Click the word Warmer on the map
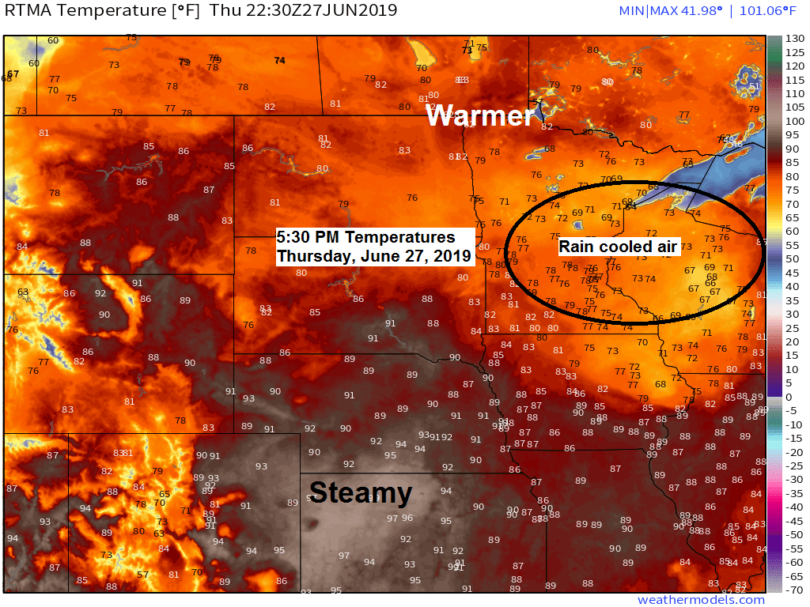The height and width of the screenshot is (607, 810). coord(479,115)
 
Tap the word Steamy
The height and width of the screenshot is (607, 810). coord(361,493)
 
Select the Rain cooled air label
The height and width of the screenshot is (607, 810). coord(617,247)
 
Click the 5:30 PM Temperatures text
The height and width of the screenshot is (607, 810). coord(365,237)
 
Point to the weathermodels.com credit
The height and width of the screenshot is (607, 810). coord(701,600)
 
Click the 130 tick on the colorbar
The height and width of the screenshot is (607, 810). coord(793,38)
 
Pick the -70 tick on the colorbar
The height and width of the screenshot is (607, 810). coord(793,590)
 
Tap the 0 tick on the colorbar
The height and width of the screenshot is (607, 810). coord(789,396)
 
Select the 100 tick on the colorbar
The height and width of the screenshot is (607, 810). coord(793,121)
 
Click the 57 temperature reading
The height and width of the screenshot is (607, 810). coord(142,574)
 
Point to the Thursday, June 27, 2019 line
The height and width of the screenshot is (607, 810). coord(373,256)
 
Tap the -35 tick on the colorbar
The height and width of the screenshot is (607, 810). coord(792,493)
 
